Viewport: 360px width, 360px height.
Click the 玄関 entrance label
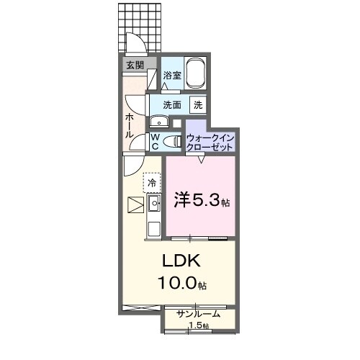(x=135, y=65)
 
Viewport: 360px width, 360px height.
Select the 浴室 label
(x=171, y=75)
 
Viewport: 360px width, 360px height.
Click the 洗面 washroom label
(x=171, y=104)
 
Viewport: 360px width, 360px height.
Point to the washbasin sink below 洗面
(x=157, y=120)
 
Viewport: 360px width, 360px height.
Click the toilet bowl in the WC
(x=172, y=142)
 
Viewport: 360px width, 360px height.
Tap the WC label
(x=155, y=141)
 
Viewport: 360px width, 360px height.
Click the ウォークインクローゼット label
(x=210, y=141)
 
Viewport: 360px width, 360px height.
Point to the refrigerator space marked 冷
(x=152, y=183)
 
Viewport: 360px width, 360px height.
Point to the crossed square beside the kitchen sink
(x=135, y=206)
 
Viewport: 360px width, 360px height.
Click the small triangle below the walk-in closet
(x=200, y=160)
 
